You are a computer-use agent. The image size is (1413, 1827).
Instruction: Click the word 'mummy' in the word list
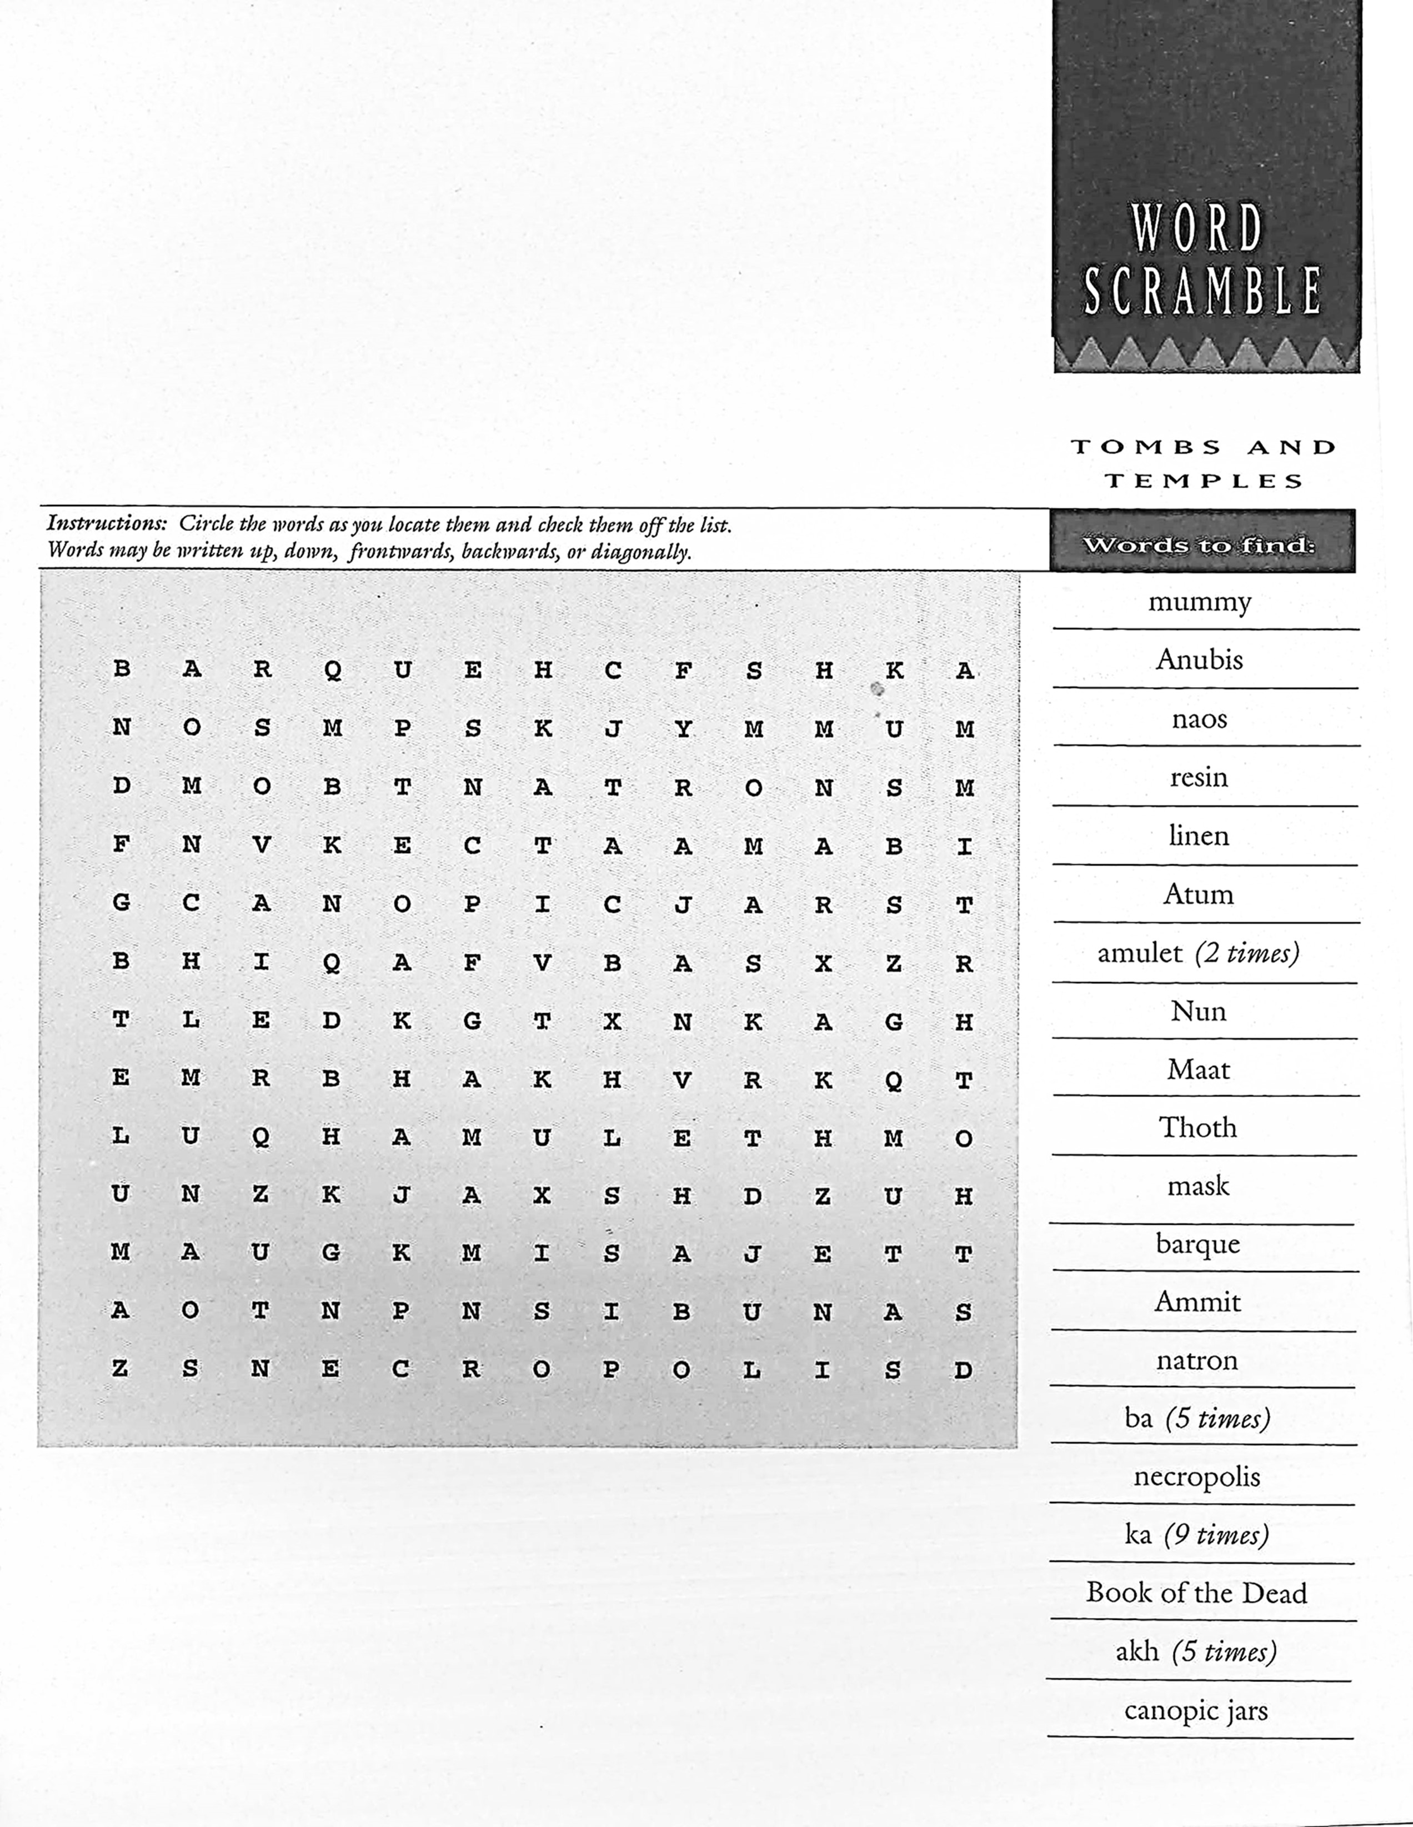pyautogui.click(x=1199, y=602)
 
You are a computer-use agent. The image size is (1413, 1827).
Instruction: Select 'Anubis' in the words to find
pyautogui.click(x=1199, y=660)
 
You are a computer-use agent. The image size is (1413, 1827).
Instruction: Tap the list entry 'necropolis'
pyautogui.click(x=1196, y=1476)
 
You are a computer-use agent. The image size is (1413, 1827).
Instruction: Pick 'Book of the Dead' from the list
pyautogui.click(x=1196, y=1592)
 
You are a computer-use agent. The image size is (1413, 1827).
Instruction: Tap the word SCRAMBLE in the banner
pyautogui.click(x=1202, y=291)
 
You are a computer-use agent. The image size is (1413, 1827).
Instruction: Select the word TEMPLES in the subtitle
pyautogui.click(x=1204, y=481)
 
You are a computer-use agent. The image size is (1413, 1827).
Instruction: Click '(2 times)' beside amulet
pyautogui.click(x=1246, y=953)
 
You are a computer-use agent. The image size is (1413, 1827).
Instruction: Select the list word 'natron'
pyautogui.click(x=1197, y=1360)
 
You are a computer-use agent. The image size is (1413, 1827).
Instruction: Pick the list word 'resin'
pyautogui.click(x=1199, y=777)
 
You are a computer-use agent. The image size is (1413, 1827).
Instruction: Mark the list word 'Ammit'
pyautogui.click(x=1197, y=1302)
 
